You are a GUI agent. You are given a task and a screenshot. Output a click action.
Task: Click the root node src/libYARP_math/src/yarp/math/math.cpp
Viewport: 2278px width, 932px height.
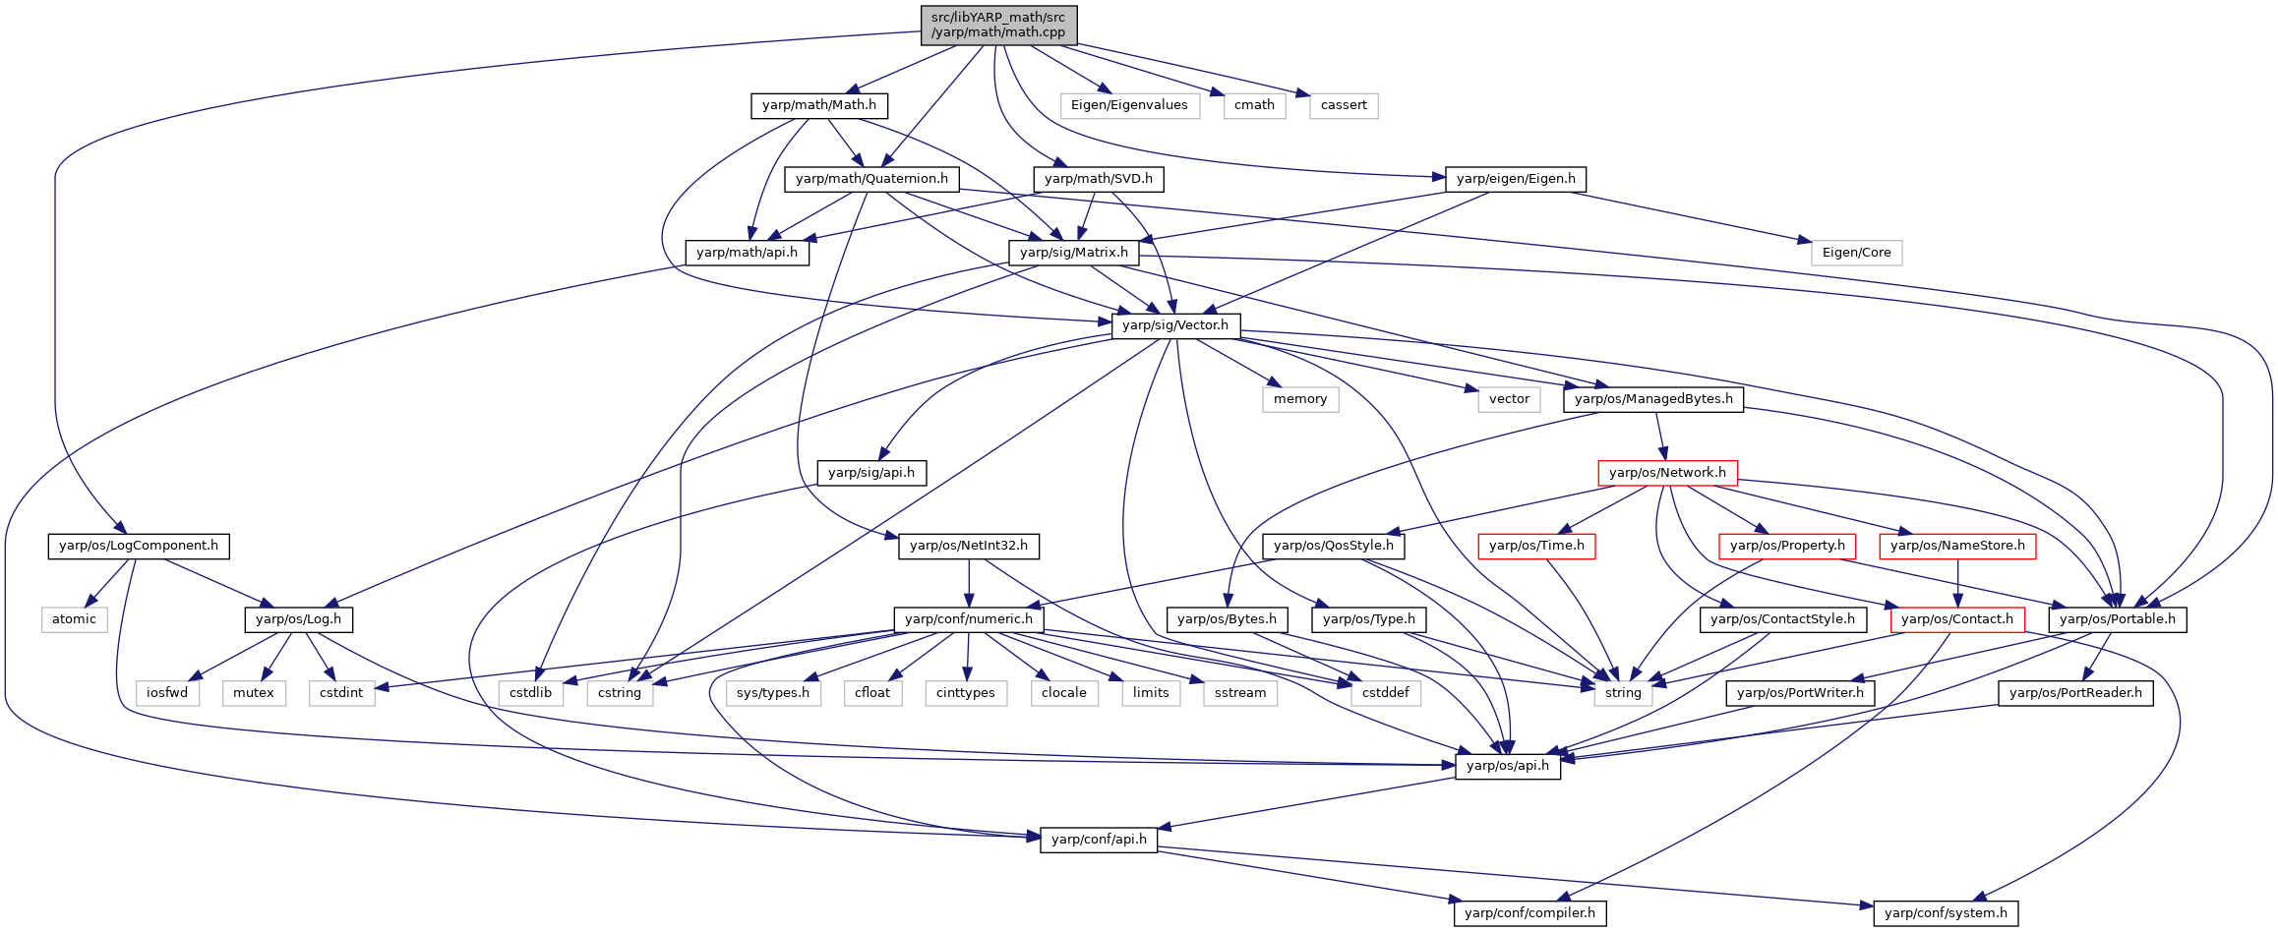[x=998, y=25]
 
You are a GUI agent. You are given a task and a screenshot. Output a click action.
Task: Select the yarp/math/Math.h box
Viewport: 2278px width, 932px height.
[x=819, y=105]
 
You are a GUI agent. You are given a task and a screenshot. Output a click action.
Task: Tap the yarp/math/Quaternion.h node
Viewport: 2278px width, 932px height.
[x=871, y=179]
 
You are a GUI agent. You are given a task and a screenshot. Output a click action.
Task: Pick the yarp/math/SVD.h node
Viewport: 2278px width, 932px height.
[x=1099, y=179]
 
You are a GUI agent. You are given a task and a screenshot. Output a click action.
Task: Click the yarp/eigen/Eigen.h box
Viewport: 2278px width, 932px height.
[x=1516, y=179]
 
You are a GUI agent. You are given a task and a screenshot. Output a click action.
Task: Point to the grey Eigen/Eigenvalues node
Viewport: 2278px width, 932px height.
[x=1129, y=105]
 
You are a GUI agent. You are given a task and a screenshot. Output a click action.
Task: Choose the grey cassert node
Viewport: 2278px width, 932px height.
[x=1344, y=105]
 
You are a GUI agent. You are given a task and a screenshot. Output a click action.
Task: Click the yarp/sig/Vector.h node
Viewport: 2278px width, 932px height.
[x=1175, y=325]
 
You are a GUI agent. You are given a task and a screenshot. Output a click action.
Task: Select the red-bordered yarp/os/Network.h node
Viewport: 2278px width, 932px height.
[x=1667, y=473]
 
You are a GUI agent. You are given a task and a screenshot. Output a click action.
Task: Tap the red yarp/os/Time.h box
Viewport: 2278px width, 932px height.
[x=1536, y=546]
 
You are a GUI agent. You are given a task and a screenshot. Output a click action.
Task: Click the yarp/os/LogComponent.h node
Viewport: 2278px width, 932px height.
[x=139, y=546]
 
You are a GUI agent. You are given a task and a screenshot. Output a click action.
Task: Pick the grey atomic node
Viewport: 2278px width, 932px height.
[x=75, y=619]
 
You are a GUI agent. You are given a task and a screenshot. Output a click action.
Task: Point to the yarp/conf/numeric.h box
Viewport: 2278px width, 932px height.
[x=969, y=619]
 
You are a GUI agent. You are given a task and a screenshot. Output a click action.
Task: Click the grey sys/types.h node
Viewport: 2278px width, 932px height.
[x=773, y=693]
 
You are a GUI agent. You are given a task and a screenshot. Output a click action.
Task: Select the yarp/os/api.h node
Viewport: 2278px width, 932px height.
[x=1508, y=766]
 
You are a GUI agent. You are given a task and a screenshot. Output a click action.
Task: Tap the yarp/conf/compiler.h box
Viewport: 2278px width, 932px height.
[x=1530, y=913]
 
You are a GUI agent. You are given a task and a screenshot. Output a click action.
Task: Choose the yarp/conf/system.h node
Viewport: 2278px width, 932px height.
[x=1947, y=913]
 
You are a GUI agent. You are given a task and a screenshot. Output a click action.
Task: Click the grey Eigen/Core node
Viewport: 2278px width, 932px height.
[x=1857, y=253]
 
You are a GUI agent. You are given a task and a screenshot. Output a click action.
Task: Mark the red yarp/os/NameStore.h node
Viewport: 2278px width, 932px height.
[x=1957, y=546]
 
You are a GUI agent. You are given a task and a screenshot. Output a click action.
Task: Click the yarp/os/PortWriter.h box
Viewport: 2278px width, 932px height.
[x=1800, y=693]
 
